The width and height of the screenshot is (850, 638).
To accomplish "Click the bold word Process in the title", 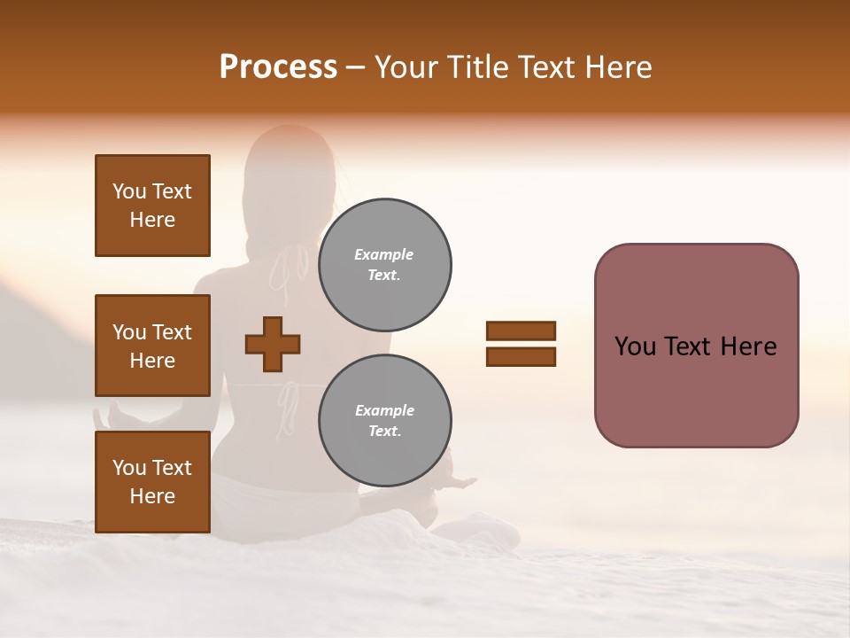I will pyautogui.click(x=278, y=67).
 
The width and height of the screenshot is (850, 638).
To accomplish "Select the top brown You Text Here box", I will pyautogui.click(x=152, y=206).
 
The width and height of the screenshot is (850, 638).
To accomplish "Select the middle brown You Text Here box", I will pyautogui.click(x=152, y=346).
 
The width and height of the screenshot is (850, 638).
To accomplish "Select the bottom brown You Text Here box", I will pyautogui.click(x=152, y=482).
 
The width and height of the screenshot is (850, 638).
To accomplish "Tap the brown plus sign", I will pyautogui.click(x=273, y=344).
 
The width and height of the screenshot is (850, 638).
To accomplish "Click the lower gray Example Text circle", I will pyautogui.click(x=384, y=421).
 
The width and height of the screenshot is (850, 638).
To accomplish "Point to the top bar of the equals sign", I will pyautogui.click(x=521, y=331).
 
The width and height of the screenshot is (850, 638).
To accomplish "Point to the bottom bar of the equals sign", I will pyautogui.click(x=521, y=357).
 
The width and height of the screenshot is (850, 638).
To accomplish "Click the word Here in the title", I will pyautogui.click(x=617, y=67).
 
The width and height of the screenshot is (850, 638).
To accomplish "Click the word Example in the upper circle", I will pyautogui.click(x=383, y=254).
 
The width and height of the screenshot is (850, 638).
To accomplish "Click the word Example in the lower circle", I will pyautogui.click(x=384, y=410).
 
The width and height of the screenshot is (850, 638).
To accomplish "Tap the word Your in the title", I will pyautogui.click(x=408, y=67).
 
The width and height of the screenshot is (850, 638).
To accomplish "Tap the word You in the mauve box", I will pyautogui.click(x=635, y=346).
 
